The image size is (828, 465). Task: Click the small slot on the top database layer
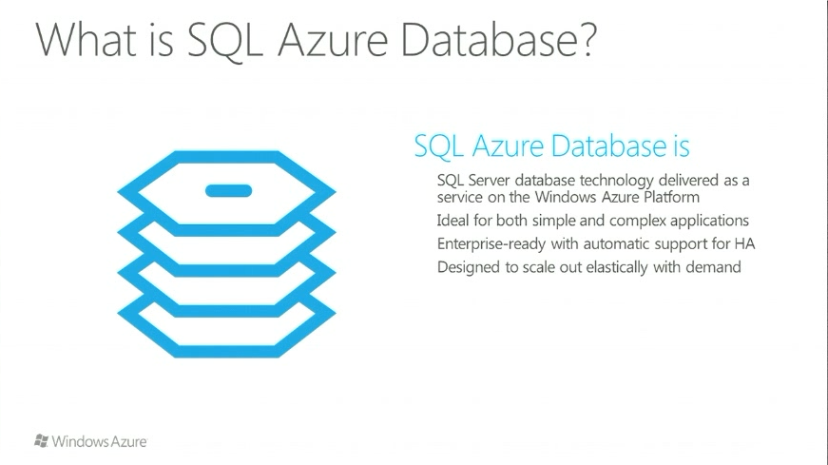point(229,191)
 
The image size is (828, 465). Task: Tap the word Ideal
point(453,221)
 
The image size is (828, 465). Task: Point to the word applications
point(709,221)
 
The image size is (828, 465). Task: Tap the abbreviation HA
point(745,244)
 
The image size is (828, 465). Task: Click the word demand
point(714,267)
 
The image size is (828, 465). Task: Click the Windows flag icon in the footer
point(41,441)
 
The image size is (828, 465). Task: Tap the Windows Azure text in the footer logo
point(100,441)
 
